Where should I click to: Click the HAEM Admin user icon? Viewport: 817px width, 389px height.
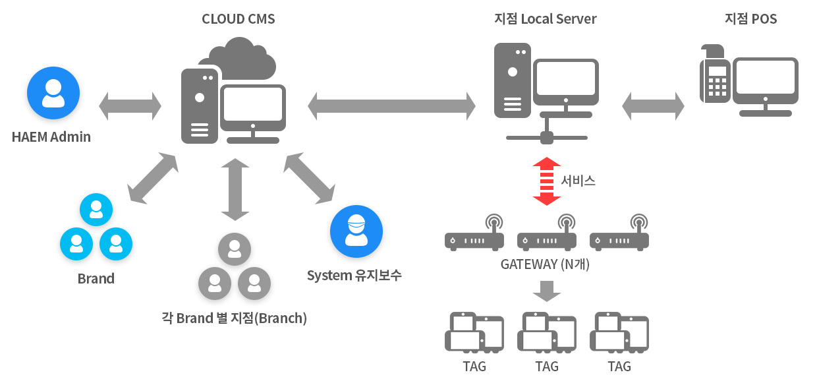point(53,93)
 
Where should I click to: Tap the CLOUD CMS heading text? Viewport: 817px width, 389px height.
point(238,19)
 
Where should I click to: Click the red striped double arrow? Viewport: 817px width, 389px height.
point(546,181)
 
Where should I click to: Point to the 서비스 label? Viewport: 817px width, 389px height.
point(578,181)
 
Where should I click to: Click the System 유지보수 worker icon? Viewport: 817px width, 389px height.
point(356,231)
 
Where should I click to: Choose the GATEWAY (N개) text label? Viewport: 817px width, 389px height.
point(545,264)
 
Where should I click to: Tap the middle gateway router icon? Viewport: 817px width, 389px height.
point(547,233)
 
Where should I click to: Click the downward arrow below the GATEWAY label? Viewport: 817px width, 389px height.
point(546,291)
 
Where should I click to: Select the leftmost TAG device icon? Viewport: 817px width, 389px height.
point(474,332)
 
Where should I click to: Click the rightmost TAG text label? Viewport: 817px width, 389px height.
point(619,366)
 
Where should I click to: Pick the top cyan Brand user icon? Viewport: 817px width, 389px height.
point(96,210)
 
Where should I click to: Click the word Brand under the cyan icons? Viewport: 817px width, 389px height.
point(96,278)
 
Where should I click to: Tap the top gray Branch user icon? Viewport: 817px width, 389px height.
point(235,249)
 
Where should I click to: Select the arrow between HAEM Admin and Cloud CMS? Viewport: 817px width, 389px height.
point(130,106)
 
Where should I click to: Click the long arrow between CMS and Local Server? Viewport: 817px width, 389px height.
point(392,106)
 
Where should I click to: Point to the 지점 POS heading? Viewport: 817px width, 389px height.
point(750,19)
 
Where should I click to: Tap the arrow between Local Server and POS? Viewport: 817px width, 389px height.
point(653,106)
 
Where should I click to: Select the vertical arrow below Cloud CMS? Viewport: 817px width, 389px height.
point(235,189)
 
